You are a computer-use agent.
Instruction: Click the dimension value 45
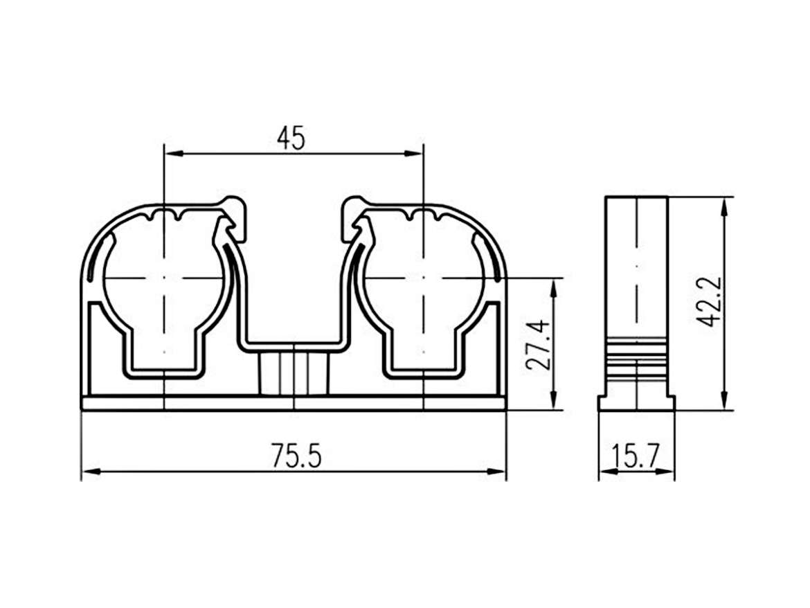tap(291, 138)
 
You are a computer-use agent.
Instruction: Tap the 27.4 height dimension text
tap(537, 343)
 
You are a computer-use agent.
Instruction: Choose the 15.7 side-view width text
tap(636, 456)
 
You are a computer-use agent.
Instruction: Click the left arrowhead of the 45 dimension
tap(172, 154)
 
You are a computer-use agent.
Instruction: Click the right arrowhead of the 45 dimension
tap(414, 154)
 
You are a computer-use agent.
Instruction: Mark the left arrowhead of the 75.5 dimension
tap(90, 471)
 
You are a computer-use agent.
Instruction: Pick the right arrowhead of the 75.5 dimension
tap(498, 471)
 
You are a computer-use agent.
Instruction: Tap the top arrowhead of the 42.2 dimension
tap(723, 206)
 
